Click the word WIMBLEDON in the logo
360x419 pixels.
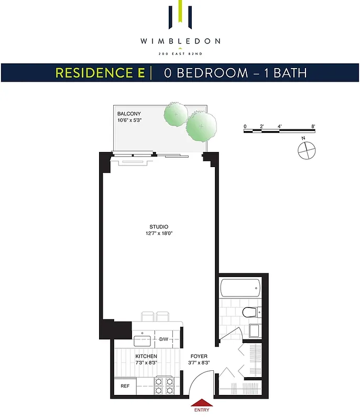coord(180,41)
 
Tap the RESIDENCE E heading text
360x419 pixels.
coord(101,73)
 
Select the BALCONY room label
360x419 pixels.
coord(129,114)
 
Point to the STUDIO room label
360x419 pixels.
coord(158,227)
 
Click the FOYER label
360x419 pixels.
coord(198,356)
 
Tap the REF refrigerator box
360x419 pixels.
coord(125,387)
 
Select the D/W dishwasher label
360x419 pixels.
coord(164,339)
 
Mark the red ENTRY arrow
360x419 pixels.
coord(202,403)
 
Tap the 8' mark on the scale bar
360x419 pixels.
coord(313,126)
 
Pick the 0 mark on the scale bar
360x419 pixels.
coord(245,126)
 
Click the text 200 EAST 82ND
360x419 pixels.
coord(180,53)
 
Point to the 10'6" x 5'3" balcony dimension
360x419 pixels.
coord(131,120)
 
